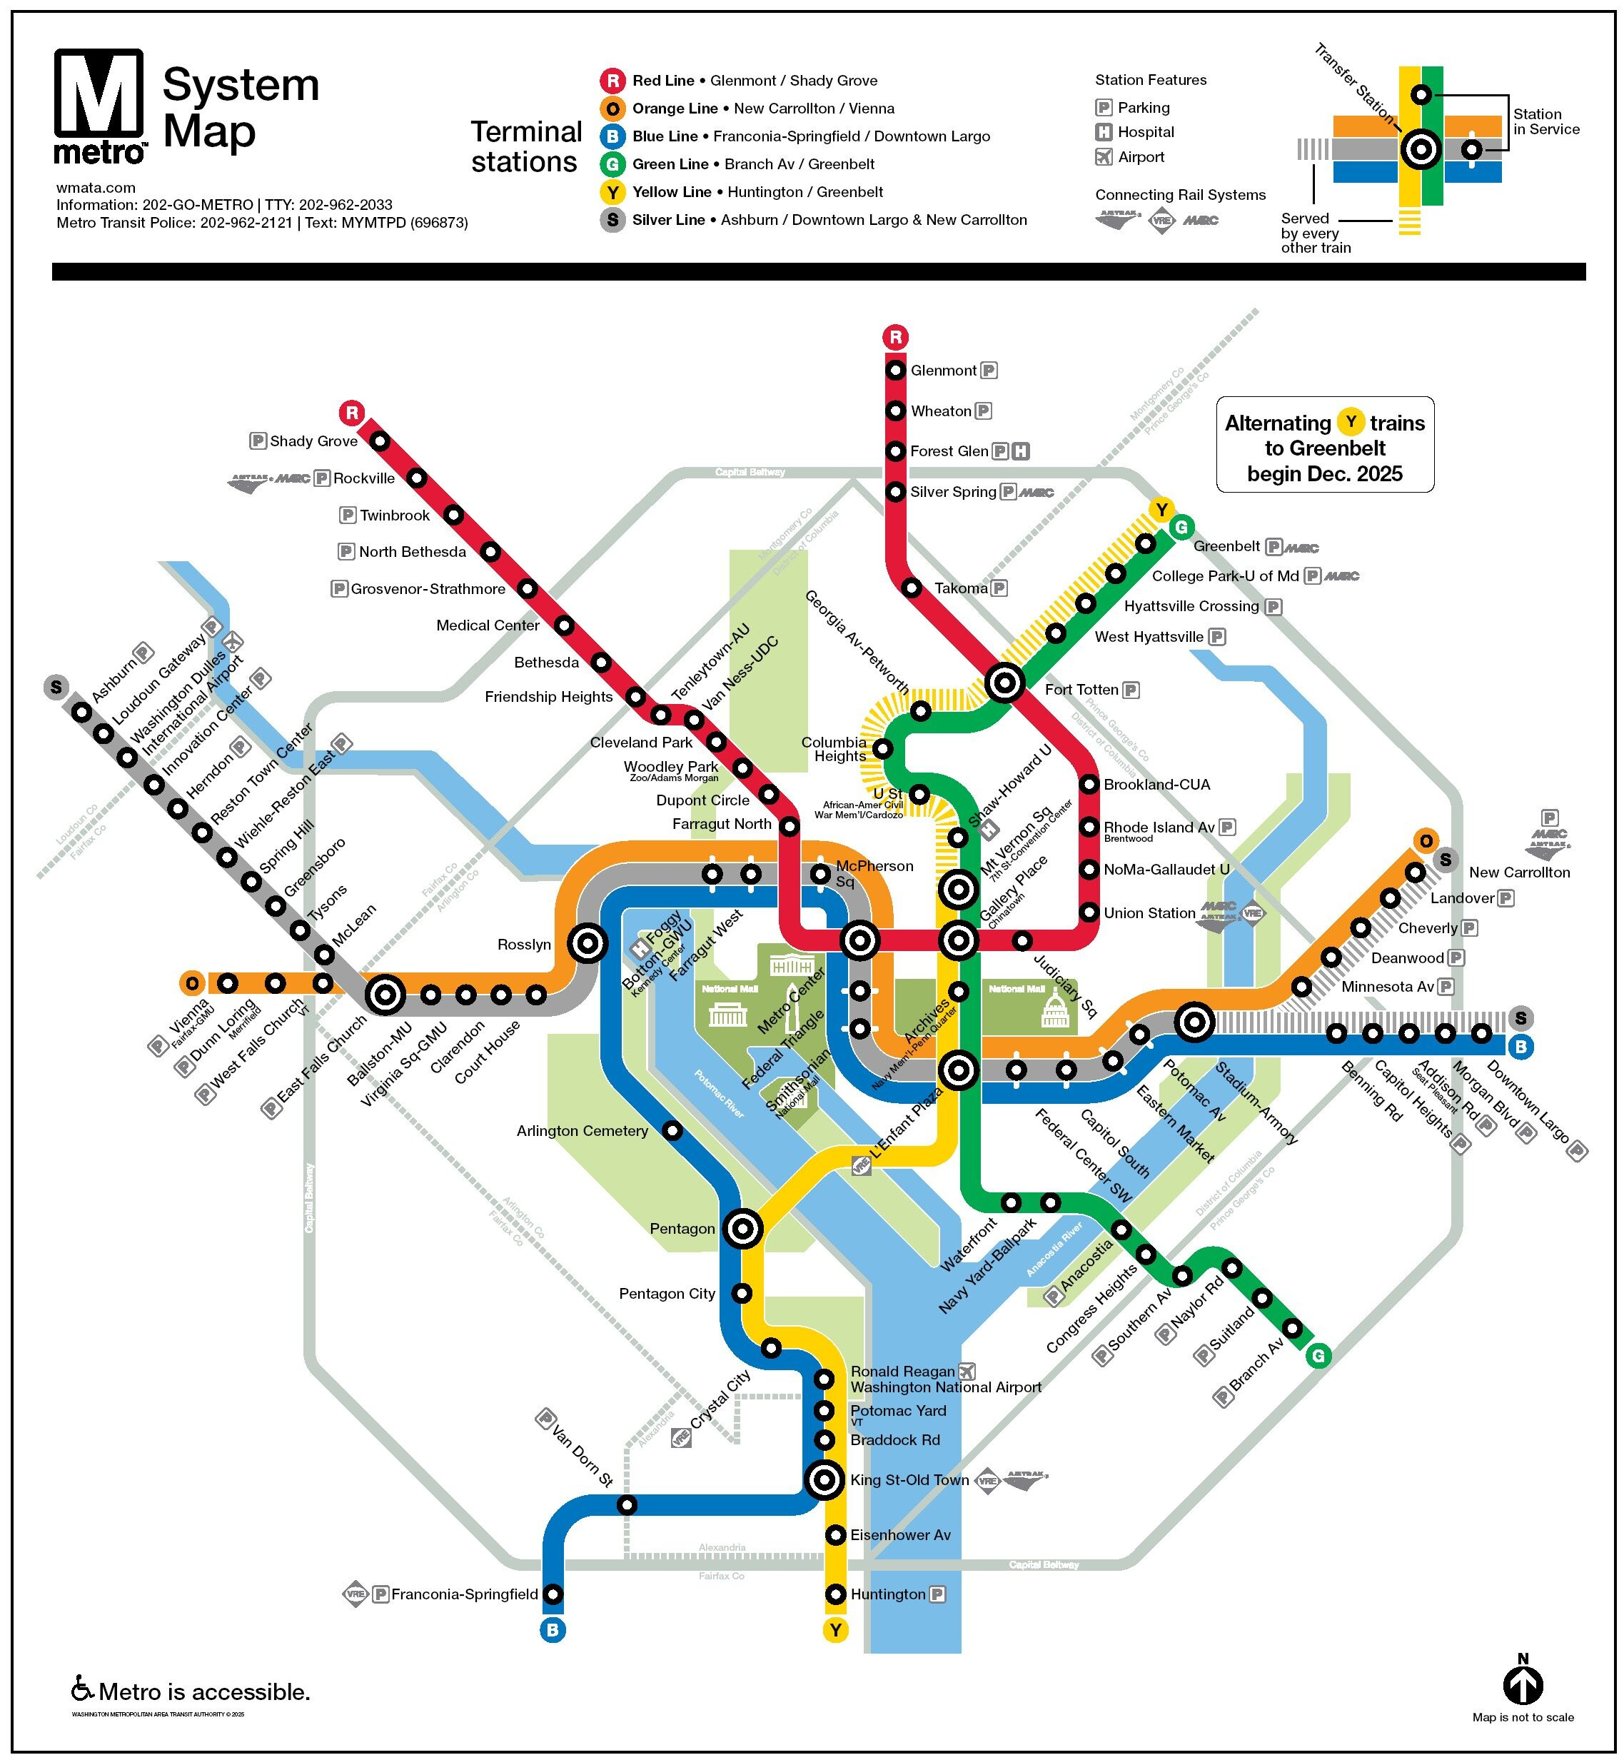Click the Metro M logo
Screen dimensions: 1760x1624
pos(99,105)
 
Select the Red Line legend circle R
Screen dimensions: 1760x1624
pos(612,81)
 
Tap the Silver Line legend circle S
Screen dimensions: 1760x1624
pos(612,220)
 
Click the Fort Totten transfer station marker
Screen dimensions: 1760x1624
pos(1004,682)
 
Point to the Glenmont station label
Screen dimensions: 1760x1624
pos(943,370)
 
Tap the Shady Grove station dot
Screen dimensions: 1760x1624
pos(380,441)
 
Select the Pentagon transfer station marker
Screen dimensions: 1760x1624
pos(742,1228)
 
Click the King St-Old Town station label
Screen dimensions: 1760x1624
pos(909,1479)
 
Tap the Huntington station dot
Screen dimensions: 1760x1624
pos(835,1594)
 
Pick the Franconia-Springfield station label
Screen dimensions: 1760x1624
pos(464,1594)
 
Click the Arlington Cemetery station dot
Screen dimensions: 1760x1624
pos(672,1130)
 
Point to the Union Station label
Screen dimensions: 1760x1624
pos(1149,912)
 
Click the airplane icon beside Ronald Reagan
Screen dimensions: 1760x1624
pos(967,1371)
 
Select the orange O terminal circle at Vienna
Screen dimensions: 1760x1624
pos(191,982)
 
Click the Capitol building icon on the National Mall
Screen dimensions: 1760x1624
pos(1054,1008)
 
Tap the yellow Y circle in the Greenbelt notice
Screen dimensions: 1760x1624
pos(1350,422)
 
